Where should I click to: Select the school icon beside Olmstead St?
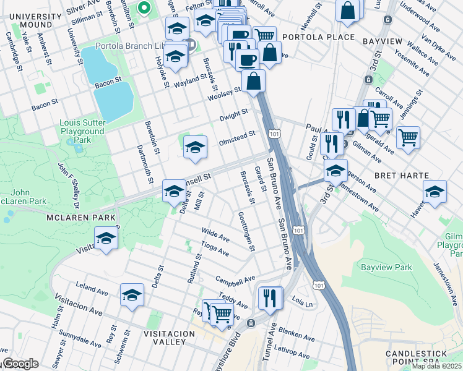pyautogui.click(x=195, y=147)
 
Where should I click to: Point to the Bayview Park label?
pyautogui.click(x=386, y=268)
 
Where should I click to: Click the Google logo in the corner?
pyautogui.click(x=20, y=364)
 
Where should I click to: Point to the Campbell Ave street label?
pyautogui.click(x=235, y=279)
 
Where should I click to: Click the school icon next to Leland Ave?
pyautogui.click(x=132, y=296)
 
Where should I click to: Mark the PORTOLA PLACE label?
pyautogui.click(x=318, y=37)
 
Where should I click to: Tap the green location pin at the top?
pyautogui.click(x=144, y=8)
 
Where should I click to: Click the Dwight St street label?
pyautogui.click(x=233, y=116)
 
